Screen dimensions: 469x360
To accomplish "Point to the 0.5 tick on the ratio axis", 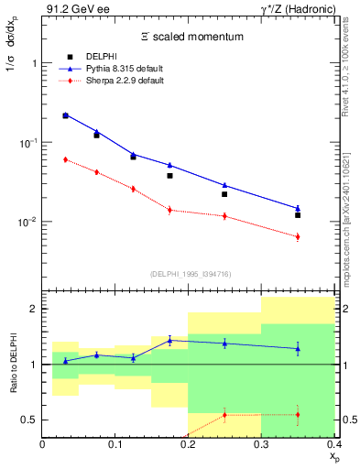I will tap(29, 420).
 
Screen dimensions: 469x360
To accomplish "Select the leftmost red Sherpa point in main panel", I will tap(65, 159).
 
